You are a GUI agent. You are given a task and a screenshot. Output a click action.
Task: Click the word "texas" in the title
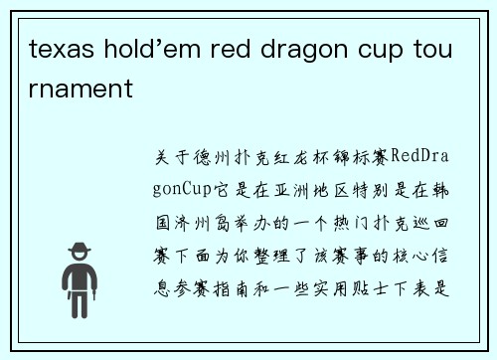58,48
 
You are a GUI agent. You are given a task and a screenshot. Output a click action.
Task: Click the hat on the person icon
79,250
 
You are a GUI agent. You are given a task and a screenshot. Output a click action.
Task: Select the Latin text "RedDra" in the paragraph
423,157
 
